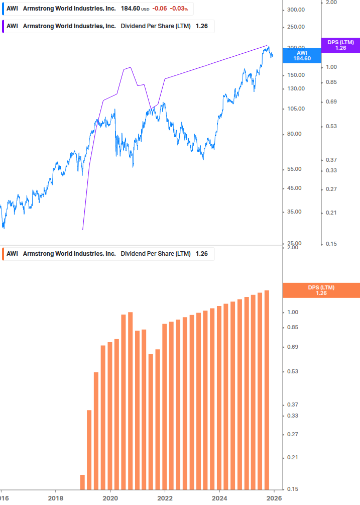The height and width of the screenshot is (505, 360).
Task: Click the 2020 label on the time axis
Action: point(110,498)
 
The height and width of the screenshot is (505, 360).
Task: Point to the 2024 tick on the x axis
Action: point(219,498)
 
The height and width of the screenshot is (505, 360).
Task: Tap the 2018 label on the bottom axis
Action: point(55,498)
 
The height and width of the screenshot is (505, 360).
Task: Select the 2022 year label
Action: point(165,498)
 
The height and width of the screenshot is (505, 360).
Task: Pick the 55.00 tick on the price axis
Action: point(296,169)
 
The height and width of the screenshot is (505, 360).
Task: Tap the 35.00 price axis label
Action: point(296,212)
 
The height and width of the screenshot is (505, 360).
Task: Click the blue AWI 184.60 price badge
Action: point(302,55)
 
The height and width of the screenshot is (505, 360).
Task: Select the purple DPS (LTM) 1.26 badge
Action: point(340,45)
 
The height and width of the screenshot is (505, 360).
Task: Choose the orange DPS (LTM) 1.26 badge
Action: point(321,290)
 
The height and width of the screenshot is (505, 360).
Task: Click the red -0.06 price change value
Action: point(160,9)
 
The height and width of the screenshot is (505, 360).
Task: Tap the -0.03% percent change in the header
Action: point(178,9)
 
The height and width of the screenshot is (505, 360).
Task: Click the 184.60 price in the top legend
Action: point(130,9)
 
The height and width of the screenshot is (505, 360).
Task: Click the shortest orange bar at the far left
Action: point(82,482)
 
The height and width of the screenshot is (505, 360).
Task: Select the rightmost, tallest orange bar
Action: point(267,389)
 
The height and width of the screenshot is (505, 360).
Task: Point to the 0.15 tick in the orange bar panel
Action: point(293,489)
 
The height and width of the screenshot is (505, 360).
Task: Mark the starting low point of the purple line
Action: point(82,230)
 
